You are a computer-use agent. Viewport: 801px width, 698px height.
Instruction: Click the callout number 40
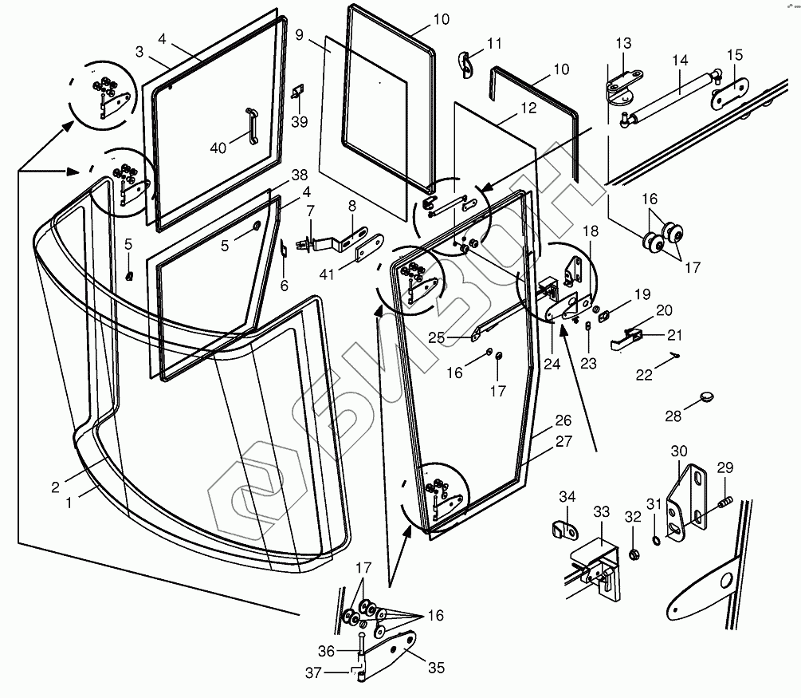click(217, 147)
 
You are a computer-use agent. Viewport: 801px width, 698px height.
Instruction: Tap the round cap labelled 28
click(706, 396)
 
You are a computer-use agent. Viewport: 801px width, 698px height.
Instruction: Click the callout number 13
click(622, 43)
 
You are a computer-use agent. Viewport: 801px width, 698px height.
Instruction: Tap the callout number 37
click(314, 673)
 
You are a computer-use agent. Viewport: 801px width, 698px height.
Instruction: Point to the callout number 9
click(300, 34)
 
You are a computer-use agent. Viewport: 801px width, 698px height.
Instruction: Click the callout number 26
click(563, 420)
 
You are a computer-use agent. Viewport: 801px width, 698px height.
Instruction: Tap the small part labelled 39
click(299, 93)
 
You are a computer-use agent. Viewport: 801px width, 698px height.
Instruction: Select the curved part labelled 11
click(468, 63)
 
